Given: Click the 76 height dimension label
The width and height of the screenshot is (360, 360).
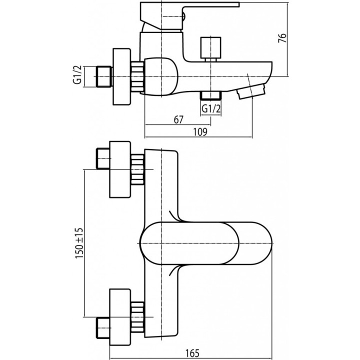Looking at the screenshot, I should point(282,38).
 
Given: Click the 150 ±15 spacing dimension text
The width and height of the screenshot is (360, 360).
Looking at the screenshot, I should point(79,243).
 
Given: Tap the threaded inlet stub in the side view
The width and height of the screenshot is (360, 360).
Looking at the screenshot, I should point(104,76).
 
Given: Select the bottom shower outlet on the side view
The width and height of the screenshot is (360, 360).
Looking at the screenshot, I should point(210,95).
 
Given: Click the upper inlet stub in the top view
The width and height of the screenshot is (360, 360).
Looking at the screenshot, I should point(103,158).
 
